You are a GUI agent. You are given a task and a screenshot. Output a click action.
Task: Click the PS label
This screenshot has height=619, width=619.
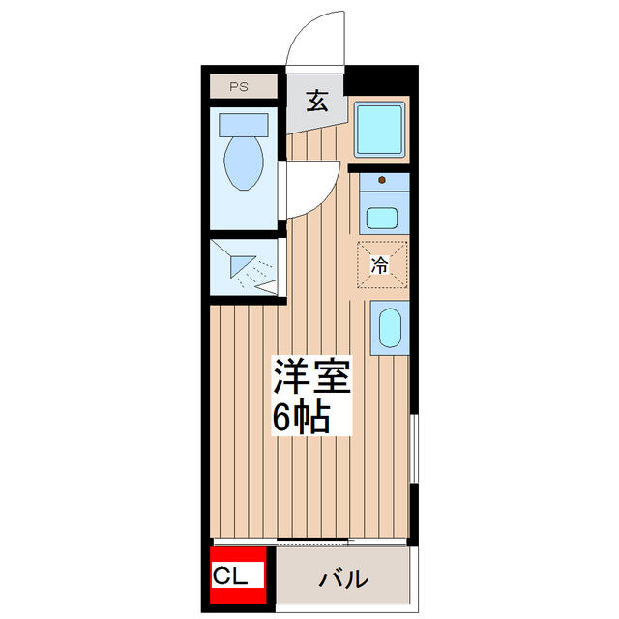pos(239,87)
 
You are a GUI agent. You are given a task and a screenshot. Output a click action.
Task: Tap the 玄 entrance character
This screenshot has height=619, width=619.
pos(316,101)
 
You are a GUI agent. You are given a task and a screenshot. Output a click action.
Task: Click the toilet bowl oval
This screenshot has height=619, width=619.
pos(241,163)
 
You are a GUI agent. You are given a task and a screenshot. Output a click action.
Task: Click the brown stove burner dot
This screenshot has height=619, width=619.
pos(383,179)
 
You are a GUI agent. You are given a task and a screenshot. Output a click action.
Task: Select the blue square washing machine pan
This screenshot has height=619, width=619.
pos(380,130)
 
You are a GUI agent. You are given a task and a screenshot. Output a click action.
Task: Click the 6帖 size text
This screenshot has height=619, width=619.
pos(302,417)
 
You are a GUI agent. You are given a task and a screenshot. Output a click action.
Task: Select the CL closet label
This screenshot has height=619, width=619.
pos(237,578)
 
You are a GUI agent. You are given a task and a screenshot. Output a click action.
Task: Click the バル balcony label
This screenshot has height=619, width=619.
pos(344,579)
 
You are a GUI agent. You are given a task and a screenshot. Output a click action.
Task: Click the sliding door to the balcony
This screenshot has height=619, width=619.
pos(309,542)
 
